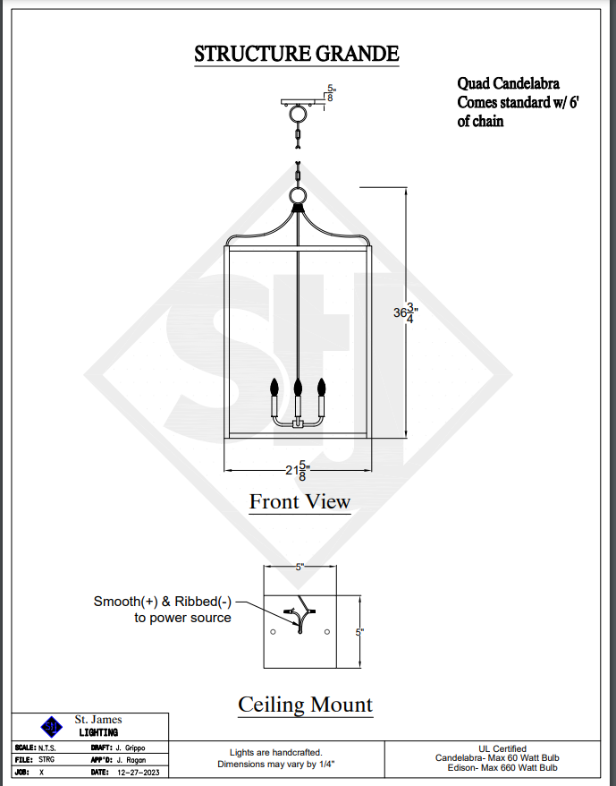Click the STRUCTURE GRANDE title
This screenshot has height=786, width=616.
pos(297,54)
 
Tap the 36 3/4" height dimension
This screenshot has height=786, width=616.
pos(406,312)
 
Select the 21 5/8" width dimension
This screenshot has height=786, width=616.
pos(298,471)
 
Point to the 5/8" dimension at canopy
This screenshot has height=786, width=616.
pos(332,93)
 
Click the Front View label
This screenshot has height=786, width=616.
pos(300,501)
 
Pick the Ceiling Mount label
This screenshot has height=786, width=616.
pos(305,705)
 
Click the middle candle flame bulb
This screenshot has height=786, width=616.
pos(298,387)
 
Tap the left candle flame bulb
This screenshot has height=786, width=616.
pos(274,387)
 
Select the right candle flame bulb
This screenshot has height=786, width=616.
pos(321,387)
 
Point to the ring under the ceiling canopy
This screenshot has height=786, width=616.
pos(298,115)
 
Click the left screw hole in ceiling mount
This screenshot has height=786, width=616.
pos(273,632)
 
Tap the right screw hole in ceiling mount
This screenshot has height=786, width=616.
pos(327,632)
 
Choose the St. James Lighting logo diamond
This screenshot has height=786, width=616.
pos(53,725)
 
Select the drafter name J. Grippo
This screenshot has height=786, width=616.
pos(130,747)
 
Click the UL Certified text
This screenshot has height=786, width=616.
pos(502,748)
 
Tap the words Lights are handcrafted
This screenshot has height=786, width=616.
pos(275,753)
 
